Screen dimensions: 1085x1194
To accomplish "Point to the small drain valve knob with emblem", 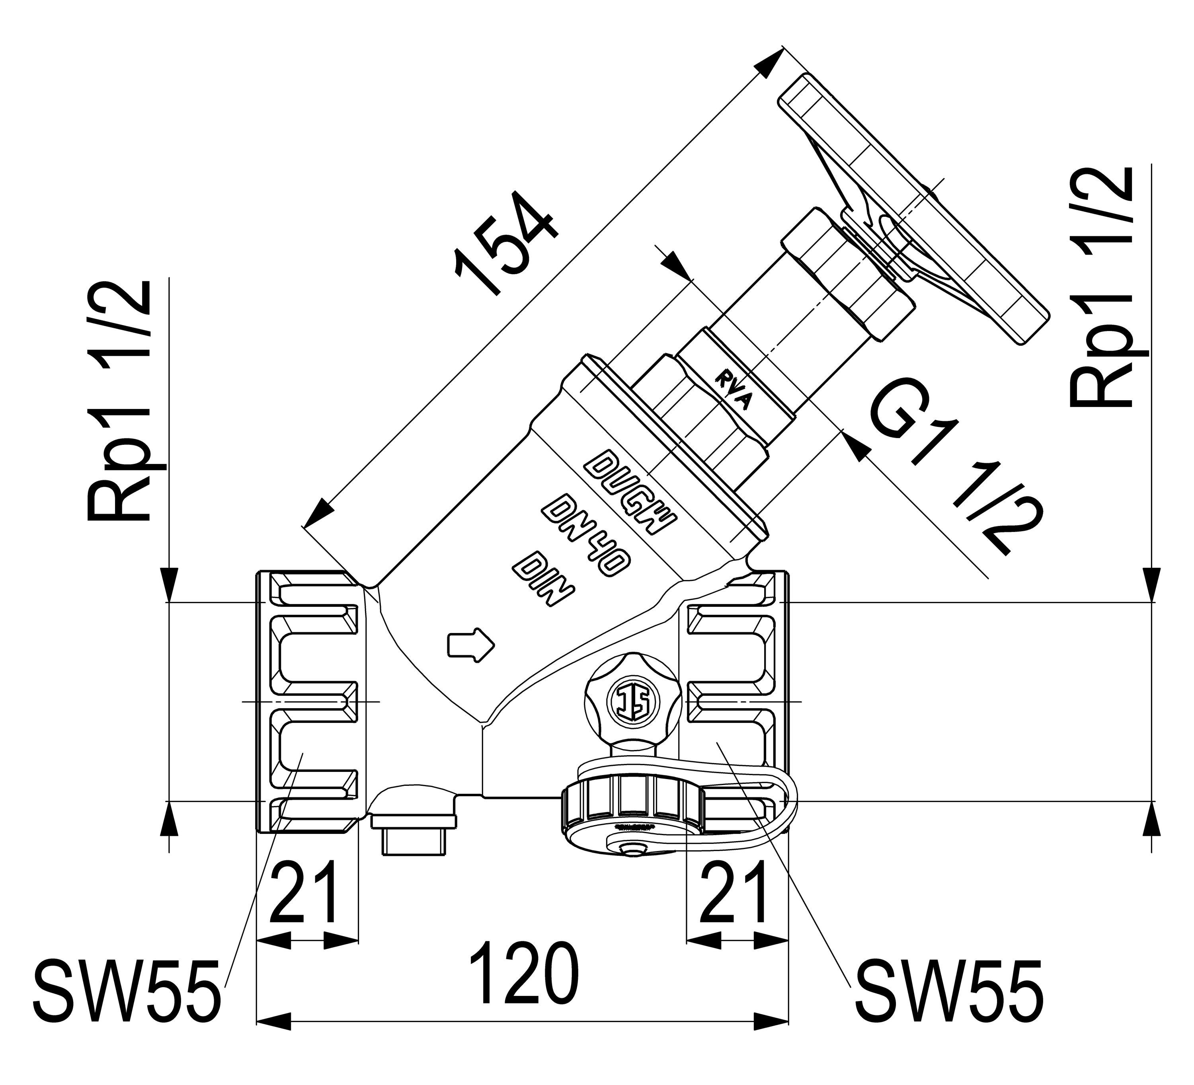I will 631,702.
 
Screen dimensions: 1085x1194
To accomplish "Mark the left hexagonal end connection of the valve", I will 308,702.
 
